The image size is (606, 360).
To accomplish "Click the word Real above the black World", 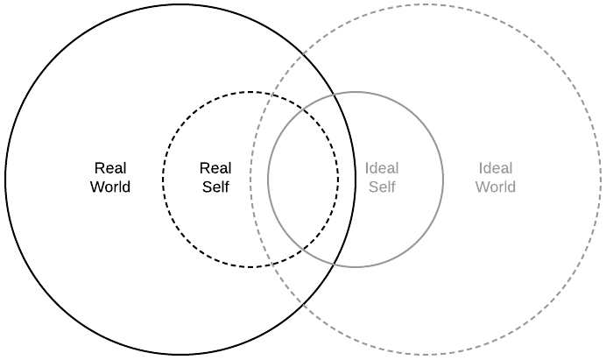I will [x=110, y=168].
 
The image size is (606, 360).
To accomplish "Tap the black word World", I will [x=110, y=187].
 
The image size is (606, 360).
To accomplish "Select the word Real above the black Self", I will [x=215, y=168].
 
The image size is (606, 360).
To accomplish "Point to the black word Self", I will [x=215, y=187].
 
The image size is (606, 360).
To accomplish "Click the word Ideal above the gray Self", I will [x=382, y=168].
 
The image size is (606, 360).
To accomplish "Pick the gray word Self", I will [x=382, y=187].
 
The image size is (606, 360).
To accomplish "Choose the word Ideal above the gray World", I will [x=496, y=168].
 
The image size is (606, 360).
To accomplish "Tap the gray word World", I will [x=496, y=187].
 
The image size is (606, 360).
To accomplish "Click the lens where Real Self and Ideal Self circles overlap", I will [x=303, y=180].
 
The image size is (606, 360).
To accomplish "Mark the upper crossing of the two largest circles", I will [x=303, y=55].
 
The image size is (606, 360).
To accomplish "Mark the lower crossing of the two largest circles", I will [x=303, y=304].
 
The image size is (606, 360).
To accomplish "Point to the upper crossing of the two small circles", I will [x=303, y=109].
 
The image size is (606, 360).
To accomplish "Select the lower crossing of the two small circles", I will [x=303, y=250].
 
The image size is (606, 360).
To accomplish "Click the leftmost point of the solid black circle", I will [x=5, y=180].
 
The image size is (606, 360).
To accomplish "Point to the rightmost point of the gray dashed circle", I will [x=601, y=180].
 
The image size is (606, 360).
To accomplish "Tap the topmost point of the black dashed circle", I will [x=250, y=92].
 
